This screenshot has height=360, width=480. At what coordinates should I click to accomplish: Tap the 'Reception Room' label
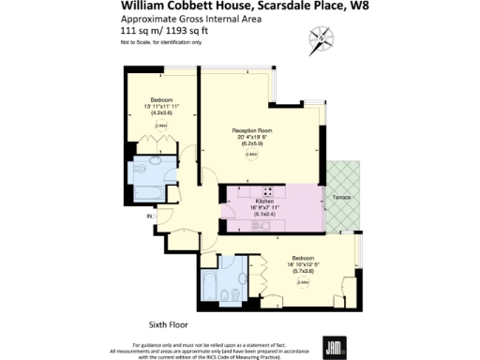[251, 132]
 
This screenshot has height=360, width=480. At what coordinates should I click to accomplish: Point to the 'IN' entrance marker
[147, 217]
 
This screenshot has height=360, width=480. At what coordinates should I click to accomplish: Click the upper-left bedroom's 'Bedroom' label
[160, 99]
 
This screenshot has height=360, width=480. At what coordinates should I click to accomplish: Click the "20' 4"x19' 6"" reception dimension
[251, 140]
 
